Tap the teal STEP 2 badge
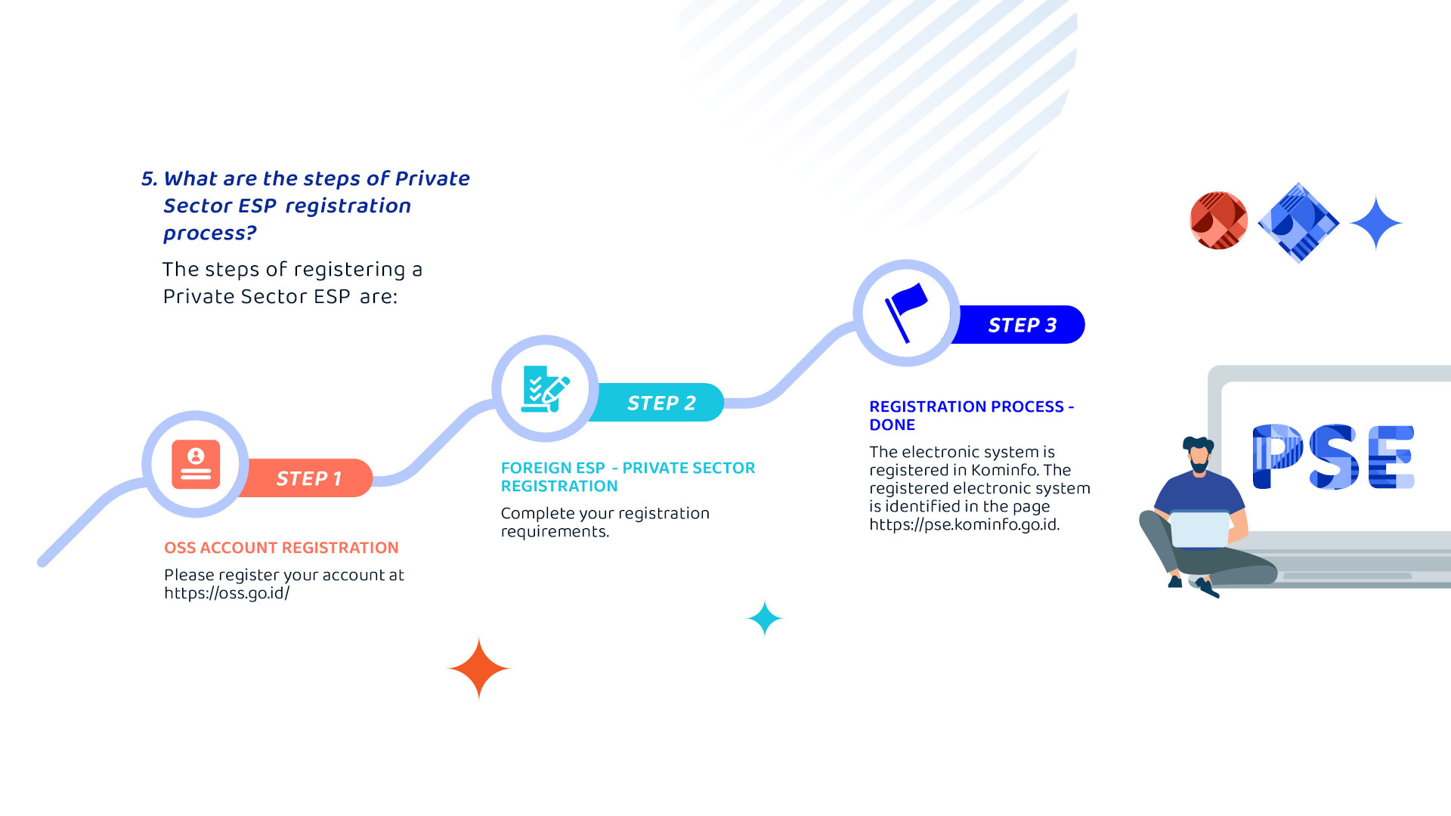[x=659, y=403]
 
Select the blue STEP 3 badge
[x=1020, y=325]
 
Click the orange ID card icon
[x=196, y=465]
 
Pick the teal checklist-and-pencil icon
[x=545, y=389]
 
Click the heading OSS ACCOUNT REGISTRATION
[x=281, y=548]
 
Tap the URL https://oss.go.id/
[x=227, y=593]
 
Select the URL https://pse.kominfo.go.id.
[x=964, y=524]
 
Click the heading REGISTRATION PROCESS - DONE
[x=972, y=416]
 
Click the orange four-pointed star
[x=479, y=668]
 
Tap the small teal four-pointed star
[x=765, y=618]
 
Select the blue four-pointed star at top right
[x=1376, y=223]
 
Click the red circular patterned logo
[x=1218, y=221]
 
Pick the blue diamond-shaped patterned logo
[x=1298, y=223]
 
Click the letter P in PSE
[x=1278, y=456]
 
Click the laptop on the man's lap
[x=1200, y=529]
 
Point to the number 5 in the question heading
[x=148, y=179]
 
